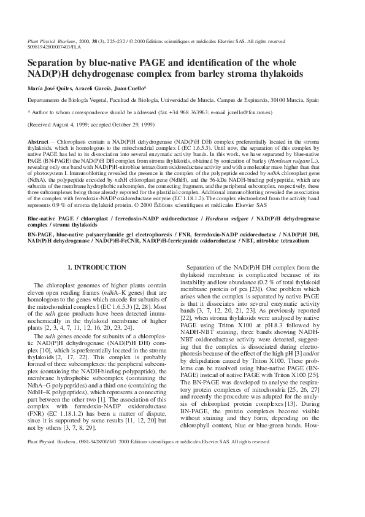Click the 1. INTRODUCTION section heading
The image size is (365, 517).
[x=97, y=268]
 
